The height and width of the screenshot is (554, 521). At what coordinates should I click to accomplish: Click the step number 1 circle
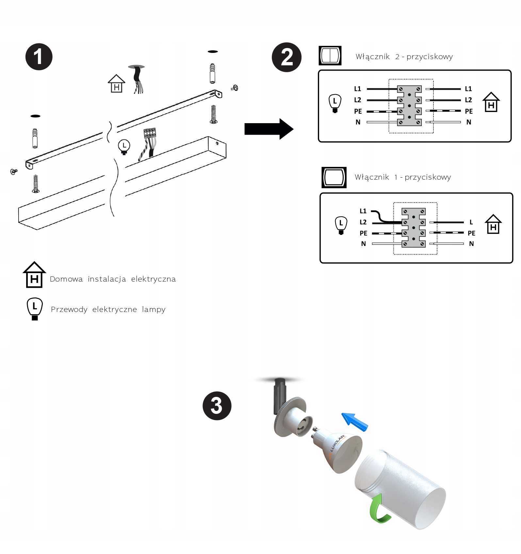click(x=39, y=57)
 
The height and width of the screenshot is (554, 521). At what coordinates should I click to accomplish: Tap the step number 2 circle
click(x=286, y=57)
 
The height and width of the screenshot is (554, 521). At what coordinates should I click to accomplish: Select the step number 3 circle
click(x=217, y=406)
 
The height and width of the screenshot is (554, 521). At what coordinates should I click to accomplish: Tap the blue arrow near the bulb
click(x=354, y=422)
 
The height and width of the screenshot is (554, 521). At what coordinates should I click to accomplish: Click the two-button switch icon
click(x=330, y=56)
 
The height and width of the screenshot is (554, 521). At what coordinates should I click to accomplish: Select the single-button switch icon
click(x=334, y=177)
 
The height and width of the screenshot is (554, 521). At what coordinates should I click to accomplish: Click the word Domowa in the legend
click(x=66, y=279)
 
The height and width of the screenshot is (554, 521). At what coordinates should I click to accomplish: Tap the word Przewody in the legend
click(x=69, y=309)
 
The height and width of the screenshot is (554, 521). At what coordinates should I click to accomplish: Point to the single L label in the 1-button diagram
click(x=471, y=222)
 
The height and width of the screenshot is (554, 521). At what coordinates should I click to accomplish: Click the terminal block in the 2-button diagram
click(x=409, y=106)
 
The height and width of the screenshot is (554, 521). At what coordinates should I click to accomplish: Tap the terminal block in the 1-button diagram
click(x=414, y=227)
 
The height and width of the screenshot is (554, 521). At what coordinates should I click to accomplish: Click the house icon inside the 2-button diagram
click(x=491, y=102)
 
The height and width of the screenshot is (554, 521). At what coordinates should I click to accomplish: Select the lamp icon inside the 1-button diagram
click(x=341, y=225)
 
